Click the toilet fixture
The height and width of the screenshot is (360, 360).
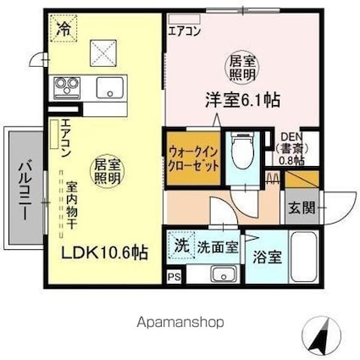(239, 155)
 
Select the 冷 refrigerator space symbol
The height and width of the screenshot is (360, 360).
(64, 28)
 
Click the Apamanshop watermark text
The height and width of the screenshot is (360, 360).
(180, 323)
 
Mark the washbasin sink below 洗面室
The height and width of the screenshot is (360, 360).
(224, 274)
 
